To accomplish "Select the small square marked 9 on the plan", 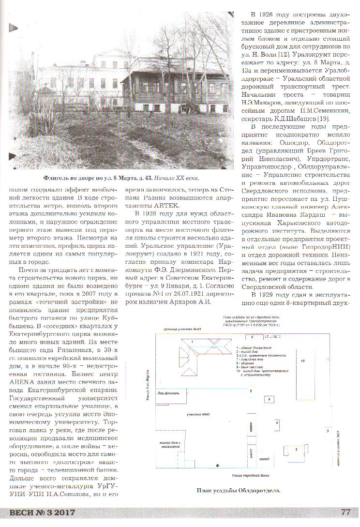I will [269, 399].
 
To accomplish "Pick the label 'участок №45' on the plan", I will [198, 415].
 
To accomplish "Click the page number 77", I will [345, 512].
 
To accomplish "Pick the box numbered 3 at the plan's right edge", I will [328, 430].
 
